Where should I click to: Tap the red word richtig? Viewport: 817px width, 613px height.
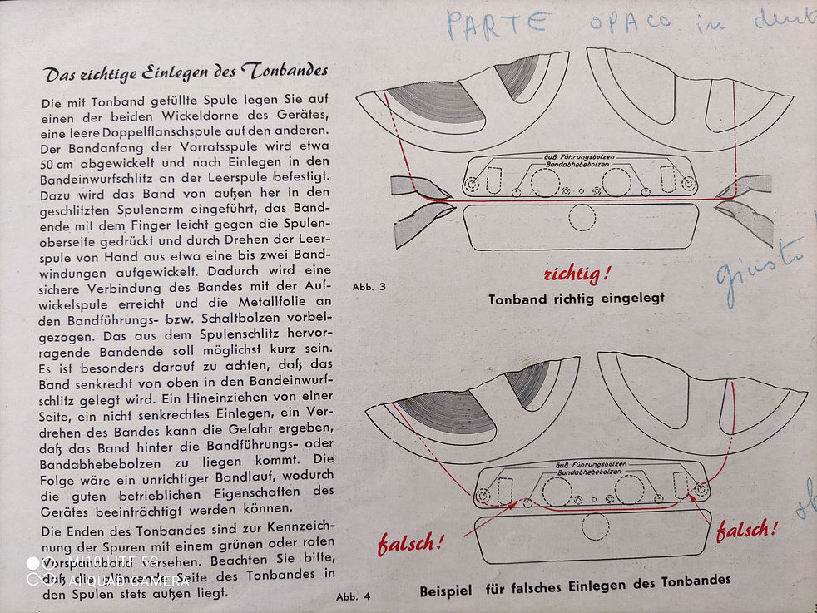pos(577,274)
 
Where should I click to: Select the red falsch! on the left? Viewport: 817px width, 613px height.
pos(411,544)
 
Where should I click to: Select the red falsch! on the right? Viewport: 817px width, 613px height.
pos(746,530)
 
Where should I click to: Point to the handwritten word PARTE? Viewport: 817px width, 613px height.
pos(498,23)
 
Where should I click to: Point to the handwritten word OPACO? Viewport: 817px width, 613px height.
pos(630,21)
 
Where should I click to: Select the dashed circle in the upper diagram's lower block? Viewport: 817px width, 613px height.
pos(582,217)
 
